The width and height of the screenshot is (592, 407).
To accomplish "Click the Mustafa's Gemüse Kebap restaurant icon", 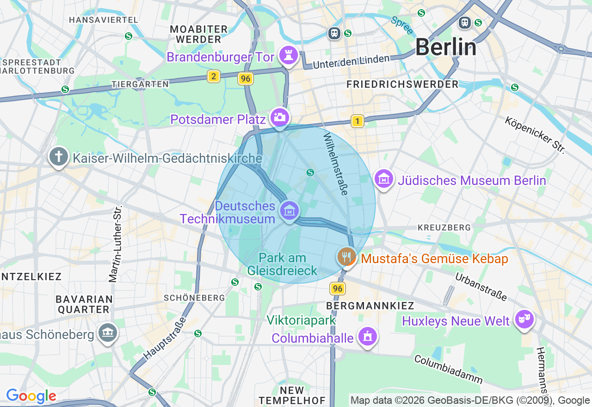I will click(346, 257).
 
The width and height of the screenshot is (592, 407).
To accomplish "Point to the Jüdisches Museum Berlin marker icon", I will click(384, 179).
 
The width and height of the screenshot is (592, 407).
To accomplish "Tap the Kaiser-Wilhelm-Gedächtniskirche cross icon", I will click(59, 157).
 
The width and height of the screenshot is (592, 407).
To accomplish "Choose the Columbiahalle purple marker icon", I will click(368, 337).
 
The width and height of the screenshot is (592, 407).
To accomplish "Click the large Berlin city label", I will click(445, 47).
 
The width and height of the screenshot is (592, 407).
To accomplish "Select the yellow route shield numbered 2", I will click(213, 76).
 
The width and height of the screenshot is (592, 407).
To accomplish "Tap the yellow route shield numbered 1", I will click(357, 121).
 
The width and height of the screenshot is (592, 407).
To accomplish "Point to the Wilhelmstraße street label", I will click(335, 164).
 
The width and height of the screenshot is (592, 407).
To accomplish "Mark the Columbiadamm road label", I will click(448, 369).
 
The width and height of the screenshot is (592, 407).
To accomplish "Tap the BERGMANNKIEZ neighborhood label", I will click(370, 306).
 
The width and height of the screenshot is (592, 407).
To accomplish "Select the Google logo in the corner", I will click(31, 396).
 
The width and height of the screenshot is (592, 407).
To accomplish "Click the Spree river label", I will click(401, 25).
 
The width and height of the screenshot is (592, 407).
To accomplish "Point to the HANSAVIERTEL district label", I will click(103, 20).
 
